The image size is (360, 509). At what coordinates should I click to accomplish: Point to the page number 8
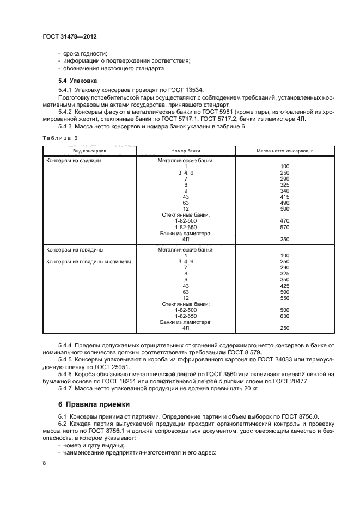point(44,462)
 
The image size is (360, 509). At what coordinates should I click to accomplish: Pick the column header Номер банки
point(186,149)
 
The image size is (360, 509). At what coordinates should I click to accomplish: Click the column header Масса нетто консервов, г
point(284,149)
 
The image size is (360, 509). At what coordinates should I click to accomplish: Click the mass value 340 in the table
point(284,191)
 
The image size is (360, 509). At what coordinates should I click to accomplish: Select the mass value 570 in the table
point(284,227)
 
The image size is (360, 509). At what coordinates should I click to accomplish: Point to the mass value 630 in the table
point(284,316)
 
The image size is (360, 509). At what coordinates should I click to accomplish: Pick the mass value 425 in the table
point(284,286)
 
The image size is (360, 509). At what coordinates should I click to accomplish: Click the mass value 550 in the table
point(284,298)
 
